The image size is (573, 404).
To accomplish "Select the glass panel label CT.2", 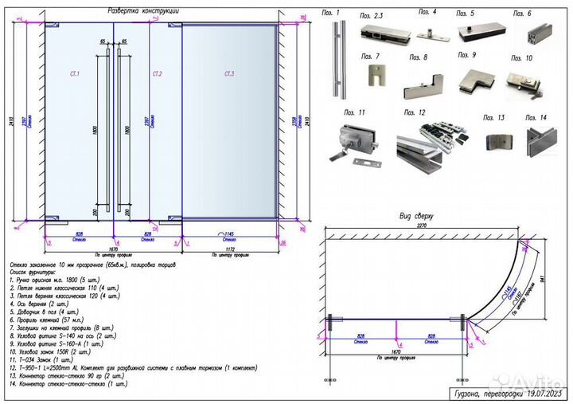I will point(158,74).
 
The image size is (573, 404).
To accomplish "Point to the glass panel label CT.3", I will point(229,74).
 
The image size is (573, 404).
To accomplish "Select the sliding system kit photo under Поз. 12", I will point(431,144).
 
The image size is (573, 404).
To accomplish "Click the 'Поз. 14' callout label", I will point(537,117).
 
